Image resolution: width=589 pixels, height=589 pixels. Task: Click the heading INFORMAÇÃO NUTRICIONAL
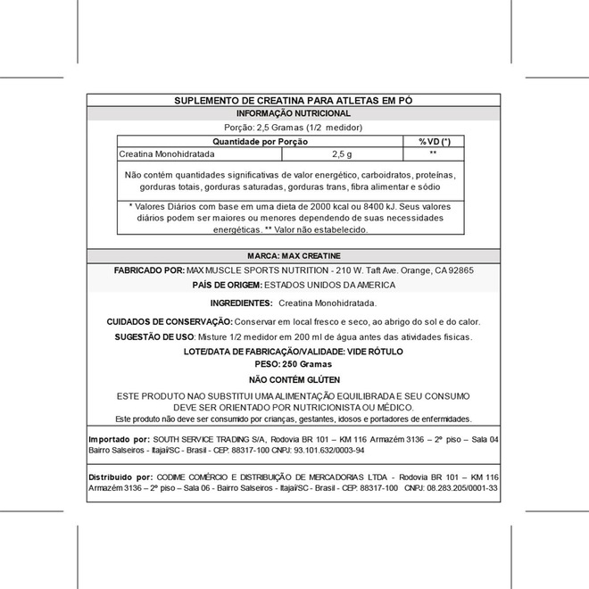click(294, 114)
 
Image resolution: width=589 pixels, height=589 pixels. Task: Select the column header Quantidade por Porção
click(260, 142)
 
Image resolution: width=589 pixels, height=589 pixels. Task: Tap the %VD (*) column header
click(435, 142)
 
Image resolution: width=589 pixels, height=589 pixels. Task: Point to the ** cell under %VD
click(433, 154)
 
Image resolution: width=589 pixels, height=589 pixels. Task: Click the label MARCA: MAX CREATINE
click(294, 255)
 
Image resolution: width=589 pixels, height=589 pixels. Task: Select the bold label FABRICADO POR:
click(149, 270)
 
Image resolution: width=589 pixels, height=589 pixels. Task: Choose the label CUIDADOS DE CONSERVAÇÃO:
click(170, 321)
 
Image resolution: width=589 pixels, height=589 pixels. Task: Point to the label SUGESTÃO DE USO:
click(155, 337)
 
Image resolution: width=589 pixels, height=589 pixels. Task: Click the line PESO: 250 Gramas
click(293, 364)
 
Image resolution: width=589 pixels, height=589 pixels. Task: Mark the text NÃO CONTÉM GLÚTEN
click(294, 379)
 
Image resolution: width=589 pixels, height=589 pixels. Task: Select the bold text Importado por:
click(119, 440)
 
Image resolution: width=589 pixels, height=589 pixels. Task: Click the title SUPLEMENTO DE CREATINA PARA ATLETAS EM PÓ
click(294, 101)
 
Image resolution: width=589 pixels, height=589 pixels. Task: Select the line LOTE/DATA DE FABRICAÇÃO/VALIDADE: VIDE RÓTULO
click(293, 353)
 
